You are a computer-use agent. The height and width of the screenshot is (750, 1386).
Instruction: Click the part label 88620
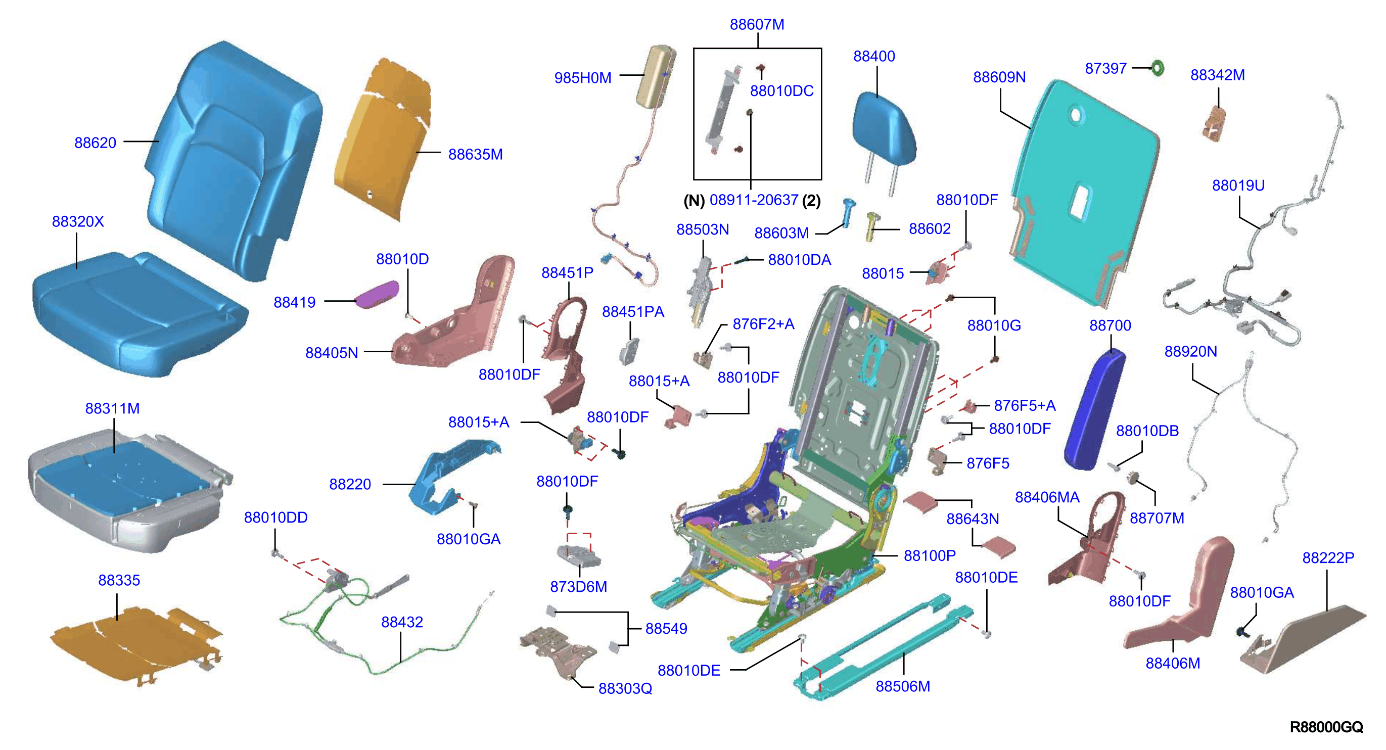(x=95, y=143)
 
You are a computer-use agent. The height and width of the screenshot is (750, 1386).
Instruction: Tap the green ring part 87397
(x=1157, y=68)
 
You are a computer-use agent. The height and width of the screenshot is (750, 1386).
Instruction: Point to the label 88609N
(x=999, y=77)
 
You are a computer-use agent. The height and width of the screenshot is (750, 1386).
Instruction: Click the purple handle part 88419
(x=377, y=294)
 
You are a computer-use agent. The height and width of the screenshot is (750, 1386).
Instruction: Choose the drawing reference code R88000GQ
(x=1326, y=727)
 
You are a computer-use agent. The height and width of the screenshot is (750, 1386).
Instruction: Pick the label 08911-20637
(x=753, y=200)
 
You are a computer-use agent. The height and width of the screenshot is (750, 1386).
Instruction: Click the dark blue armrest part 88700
(x=1095, y=409)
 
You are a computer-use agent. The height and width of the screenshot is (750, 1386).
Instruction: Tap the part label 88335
(x=119, y=580)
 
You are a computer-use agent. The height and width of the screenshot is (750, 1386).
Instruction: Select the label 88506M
(x=902, y=686)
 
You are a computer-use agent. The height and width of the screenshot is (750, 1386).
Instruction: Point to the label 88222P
(x=1328, y=557)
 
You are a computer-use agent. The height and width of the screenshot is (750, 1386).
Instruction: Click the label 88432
(x=402, y=622)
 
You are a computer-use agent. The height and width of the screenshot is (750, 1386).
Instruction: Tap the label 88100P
(x=929, y=555)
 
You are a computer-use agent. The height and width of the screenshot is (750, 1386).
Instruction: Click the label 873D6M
(x=578, y=586)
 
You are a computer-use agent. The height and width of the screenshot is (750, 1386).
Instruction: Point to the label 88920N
(x=1190, y=351)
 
